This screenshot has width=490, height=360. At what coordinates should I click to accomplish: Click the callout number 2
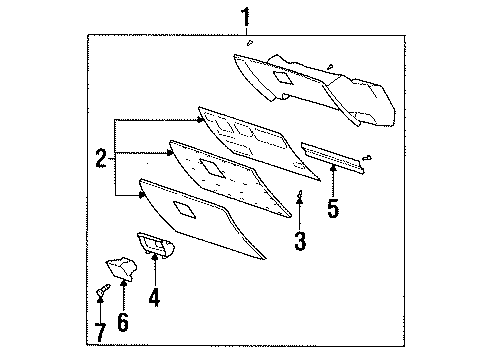click(x=100, y=157)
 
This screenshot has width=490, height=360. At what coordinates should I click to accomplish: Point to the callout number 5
click(x=333, y=208)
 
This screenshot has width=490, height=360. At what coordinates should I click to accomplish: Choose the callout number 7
click(x=101, y=329)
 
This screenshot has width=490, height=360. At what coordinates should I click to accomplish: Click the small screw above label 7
click(x=102, y=291)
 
